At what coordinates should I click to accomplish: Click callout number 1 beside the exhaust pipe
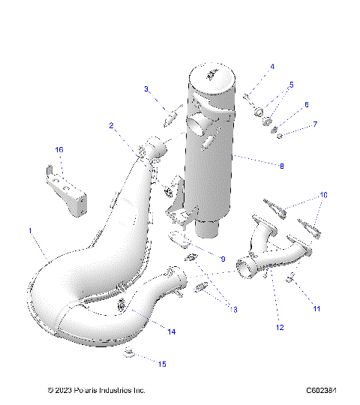pos(30,232)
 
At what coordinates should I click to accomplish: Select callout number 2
pos(111,126)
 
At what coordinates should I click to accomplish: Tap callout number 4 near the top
pos(272,67)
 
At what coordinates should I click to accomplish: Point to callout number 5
pos(291,85)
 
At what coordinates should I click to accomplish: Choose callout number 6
pos(306,105)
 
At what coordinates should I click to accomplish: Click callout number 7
pos(315,124)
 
